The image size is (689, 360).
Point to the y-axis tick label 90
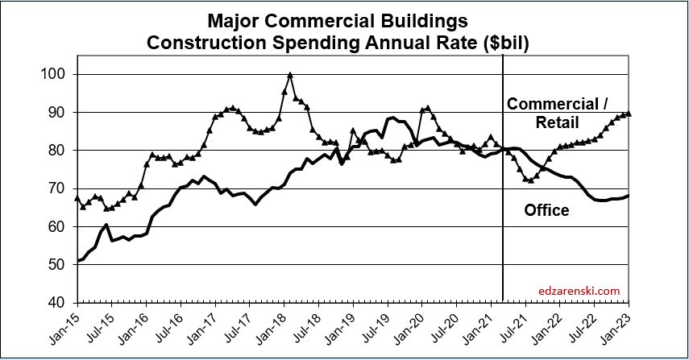57,113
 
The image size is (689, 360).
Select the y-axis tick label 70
57,188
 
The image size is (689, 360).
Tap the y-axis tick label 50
57,265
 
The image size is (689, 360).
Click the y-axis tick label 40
57,303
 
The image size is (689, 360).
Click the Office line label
546,211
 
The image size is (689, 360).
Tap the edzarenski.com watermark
579,290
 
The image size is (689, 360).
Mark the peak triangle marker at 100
290,75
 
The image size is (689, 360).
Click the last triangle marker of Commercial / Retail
629,114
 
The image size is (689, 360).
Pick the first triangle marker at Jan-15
77,198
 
